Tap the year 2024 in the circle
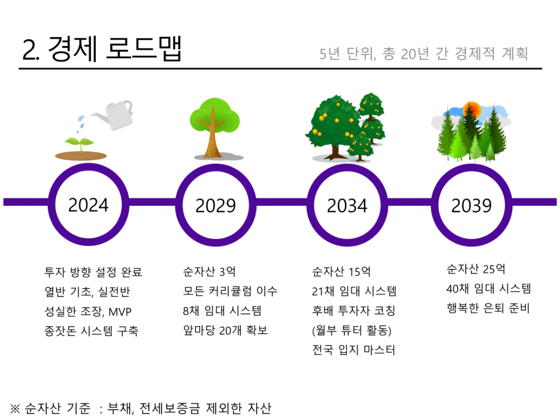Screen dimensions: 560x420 (88, 205)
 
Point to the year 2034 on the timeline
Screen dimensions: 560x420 (347, 206)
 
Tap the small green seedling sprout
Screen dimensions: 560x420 (81, 143)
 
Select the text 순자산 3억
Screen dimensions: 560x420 (209, 272)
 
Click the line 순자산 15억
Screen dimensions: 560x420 (341, 272)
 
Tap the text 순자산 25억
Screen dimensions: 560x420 (476, 269)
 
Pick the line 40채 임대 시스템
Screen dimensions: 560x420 (489, 288)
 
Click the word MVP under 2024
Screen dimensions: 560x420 (120, 312)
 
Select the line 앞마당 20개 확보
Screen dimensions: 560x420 (225, 330)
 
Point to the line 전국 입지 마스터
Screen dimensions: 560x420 (354, 350)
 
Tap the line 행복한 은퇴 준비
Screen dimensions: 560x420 (488, 308)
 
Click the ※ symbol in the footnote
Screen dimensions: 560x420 (15, 408)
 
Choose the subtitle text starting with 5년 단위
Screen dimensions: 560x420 (423, 54)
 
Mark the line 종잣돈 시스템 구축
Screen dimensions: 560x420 (91, 331)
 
